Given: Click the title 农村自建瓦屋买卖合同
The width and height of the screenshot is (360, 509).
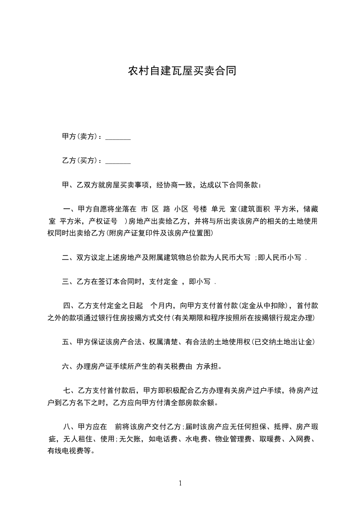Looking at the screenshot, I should click(x=182, y=71).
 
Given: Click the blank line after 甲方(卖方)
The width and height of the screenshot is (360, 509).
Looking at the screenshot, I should click(x=118, y=137).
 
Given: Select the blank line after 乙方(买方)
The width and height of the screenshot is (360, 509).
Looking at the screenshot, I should click(x=118, y=161).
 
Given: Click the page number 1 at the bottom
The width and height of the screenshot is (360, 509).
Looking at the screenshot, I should click(x=180, y=483).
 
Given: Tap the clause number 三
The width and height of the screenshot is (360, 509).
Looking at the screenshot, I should click(x=65, y=282).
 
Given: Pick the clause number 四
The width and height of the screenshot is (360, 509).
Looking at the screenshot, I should click(x=67, y=305).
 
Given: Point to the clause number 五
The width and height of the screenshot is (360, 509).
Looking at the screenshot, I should click(x=65, y=342).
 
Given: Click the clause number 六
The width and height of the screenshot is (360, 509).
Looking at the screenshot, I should click(x=65, y=366).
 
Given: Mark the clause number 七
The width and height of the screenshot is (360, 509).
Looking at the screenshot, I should click(x=67, y=390).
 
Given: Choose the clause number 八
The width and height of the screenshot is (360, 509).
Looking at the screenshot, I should click(x=67, y=426).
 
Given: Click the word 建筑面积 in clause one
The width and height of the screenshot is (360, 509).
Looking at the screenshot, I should click(x=256, y=210).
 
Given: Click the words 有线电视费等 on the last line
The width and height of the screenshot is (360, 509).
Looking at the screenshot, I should click(x=70, y=451).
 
